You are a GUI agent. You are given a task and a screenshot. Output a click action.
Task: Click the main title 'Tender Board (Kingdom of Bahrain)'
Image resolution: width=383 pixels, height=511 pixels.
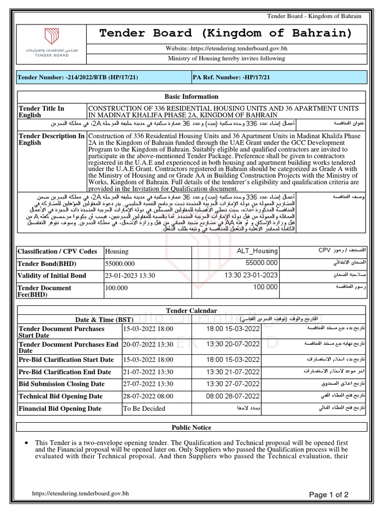click(225, 33)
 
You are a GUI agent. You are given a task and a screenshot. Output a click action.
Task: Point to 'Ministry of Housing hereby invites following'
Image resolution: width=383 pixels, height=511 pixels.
click(225, 58)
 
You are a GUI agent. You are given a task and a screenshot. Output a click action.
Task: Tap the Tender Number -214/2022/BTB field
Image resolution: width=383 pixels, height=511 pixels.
click(78, 77)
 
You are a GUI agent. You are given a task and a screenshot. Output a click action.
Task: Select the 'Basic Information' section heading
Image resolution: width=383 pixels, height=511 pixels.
click(191, 97)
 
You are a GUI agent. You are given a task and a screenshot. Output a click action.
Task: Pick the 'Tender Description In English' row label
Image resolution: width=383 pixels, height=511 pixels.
click(51, 140)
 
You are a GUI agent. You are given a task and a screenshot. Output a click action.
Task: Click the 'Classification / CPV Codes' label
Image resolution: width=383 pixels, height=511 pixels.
click(57, 252)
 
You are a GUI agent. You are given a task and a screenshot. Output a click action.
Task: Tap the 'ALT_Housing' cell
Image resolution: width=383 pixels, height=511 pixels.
click(256, 252)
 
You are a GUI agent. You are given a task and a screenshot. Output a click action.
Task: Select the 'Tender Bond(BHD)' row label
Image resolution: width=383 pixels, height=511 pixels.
click(43, 263)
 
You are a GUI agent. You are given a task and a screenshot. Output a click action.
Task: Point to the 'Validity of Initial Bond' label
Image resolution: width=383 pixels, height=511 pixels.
click(52, 275)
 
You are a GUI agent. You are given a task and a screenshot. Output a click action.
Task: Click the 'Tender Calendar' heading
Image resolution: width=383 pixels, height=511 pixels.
click(191, 311)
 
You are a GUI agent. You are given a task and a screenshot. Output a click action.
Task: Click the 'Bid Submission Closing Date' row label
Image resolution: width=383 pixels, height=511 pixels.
click(62, 384)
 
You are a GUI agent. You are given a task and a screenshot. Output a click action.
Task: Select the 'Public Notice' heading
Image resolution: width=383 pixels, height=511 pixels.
click(191, 428)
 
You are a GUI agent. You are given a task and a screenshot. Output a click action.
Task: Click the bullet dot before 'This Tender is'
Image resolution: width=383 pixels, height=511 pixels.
click(25, 443)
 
